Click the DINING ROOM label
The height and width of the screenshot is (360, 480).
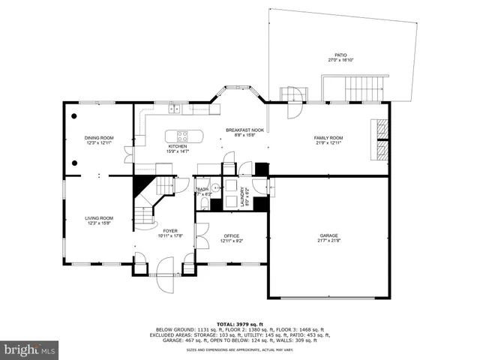tap(98, 138)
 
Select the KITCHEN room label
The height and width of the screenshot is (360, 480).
tap(177, 146)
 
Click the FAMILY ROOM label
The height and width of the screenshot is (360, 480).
tap(328, 138)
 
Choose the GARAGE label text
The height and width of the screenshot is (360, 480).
tap(328, 235)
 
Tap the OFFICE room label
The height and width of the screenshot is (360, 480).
tap(231, 235)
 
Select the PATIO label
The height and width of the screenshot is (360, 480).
tap(341, 55)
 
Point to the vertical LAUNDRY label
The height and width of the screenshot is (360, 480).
tap(242, 196)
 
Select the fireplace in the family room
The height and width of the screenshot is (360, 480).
tap(382, 139)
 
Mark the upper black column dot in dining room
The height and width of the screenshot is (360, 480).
tap(74, 116)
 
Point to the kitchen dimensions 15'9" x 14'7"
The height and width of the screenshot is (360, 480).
tap(177, 151)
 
